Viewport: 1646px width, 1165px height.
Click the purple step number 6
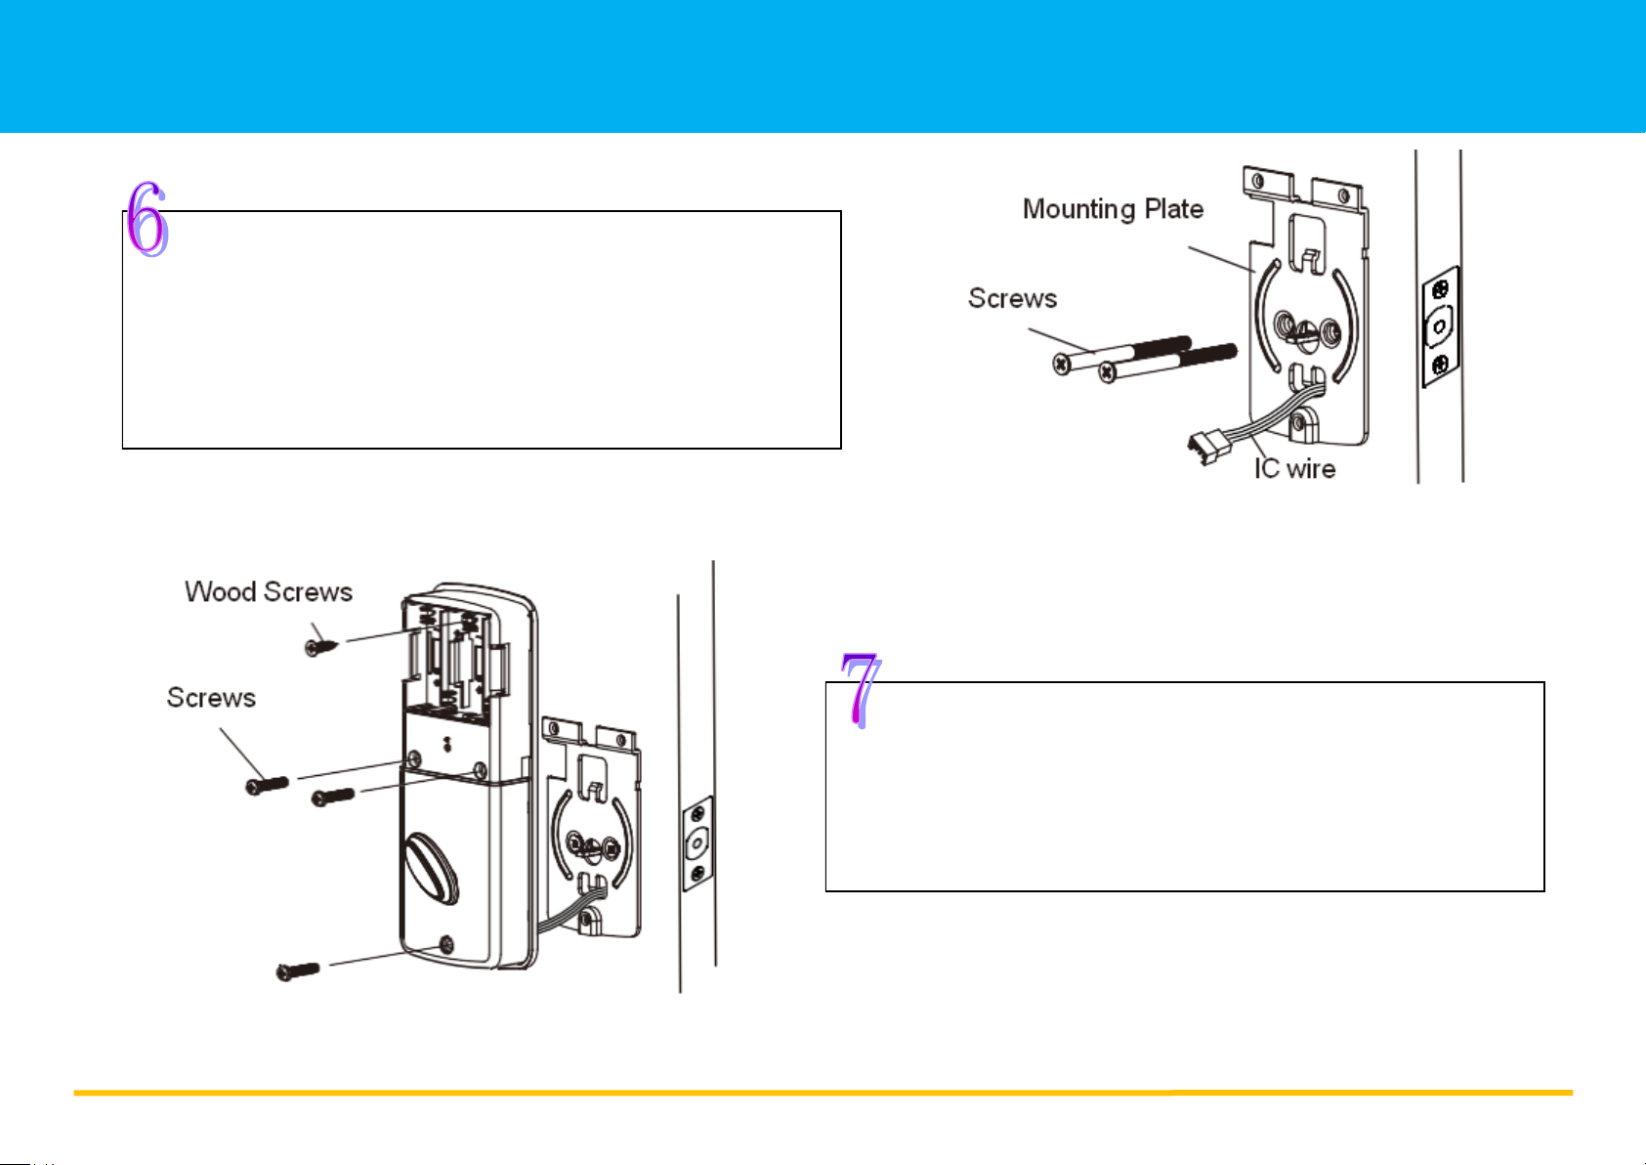click(x=148, y=219)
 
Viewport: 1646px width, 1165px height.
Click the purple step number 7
click(x=860, y=690)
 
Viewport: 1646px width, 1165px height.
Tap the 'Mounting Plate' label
click(x=1113, y=209)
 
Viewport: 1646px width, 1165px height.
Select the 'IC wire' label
click(x=1294, y=469)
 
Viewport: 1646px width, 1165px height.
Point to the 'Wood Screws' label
click(x=269, y=592)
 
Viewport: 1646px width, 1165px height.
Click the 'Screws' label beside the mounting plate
click(x=1012, y=298)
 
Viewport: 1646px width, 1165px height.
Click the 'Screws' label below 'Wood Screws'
click(x=211, y=698)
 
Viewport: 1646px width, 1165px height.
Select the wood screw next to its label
click(x=320, y=645)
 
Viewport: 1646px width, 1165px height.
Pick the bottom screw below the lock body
click(x=299, y=971)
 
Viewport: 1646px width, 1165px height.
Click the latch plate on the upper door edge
click(x=1439, y=326)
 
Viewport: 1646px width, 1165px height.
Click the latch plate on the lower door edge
click(x=696, y=842)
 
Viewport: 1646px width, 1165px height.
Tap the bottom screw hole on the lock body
click(x=446, y=944)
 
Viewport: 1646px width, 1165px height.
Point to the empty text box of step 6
click(x=481, y=332)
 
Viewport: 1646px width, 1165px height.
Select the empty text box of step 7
click(x=1184, y=787)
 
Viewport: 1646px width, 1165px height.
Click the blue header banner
click(x=823, y=65)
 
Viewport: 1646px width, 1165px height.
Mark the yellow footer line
click(x=823, y=1093)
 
